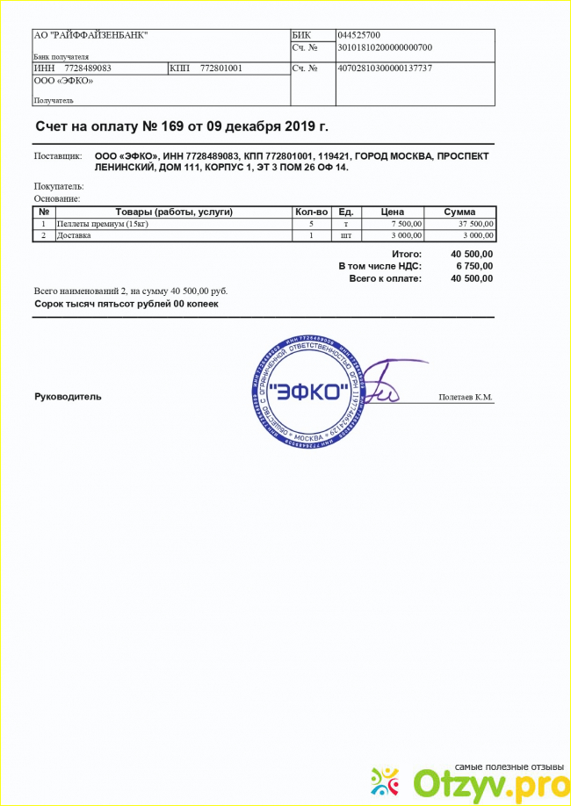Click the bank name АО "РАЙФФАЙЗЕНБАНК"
90,35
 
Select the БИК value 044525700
366,35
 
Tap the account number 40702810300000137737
385,68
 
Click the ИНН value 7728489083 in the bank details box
88,68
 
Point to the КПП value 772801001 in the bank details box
221,68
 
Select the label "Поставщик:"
58,156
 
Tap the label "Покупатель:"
59,186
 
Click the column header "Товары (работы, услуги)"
173,212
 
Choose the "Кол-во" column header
311,212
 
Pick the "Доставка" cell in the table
74,235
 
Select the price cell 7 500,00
405,224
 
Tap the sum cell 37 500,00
477,224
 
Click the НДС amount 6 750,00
474,266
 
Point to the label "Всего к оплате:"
385,278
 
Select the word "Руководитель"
68,396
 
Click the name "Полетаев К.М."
466,398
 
